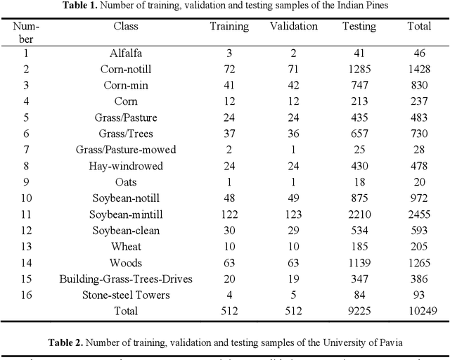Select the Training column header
pyautogui.click(x=229, y=27)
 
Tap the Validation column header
pyautogui.click(x=294, y=27)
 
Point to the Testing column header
pyautogui.click(x=359, y=27)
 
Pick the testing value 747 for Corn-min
pyautogui.click(x=359, y=85)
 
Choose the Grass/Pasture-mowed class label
pyautogui.click(x=126, y=150)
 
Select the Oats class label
pyautogui.click(x=126, y=182)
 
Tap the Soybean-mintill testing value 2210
pyautogui.click(x=359, y=214)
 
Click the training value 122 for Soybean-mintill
pyautogui.click(x=229, y=214)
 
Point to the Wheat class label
pyautogui.click(x=126, y=247)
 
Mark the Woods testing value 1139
pyautogui.click(x=359, y=263)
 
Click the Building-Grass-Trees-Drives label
pyautogui.click(x=126, y=279)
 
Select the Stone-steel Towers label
pyautogui.click(x=126, y=295)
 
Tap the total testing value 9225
pyautogui.click(x=359, y=311)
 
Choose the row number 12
pyautogui.click(x=26, y=231)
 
